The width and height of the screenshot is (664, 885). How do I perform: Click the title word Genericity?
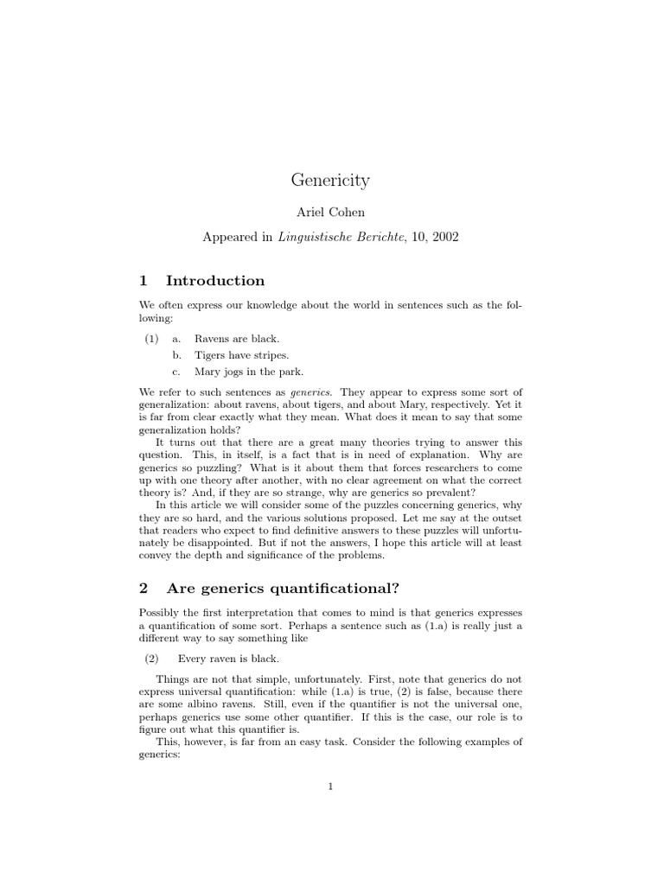coord(330,181)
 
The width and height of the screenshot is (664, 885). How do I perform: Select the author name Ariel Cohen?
coord(330,213)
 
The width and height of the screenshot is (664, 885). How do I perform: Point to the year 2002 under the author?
coord(445,235)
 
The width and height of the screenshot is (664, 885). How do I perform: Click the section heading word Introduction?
coord(215,281)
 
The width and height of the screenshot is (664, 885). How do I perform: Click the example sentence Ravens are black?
coord(236,339)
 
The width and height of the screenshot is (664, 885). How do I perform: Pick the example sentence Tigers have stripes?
coord(241,355)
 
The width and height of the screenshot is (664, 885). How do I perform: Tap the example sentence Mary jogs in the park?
coord(249,372)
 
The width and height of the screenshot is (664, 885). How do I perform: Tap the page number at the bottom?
coord(330,786)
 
